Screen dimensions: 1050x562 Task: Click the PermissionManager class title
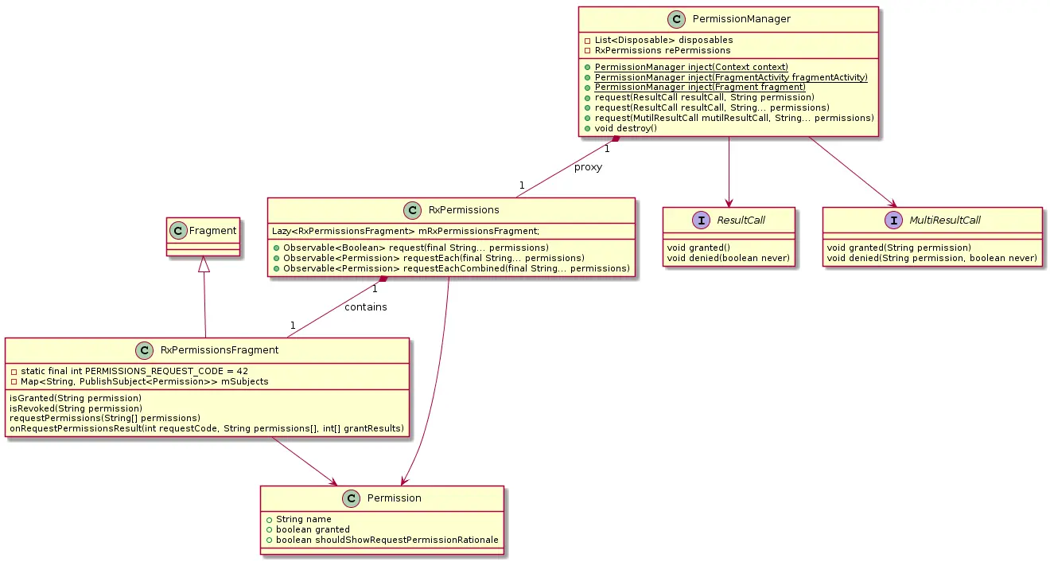click(x=741, y=19)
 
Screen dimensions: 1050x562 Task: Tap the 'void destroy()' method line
click(x=625, y=128)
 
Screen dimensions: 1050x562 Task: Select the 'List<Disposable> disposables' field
click(x=663, y=41)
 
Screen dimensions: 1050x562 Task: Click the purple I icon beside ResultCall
click(x=702, y=220)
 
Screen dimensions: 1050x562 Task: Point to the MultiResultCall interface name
click(x=944, y=221)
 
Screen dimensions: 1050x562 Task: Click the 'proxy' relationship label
click(x=588, y=167)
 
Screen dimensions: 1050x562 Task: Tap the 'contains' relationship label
click(x=366, y=307)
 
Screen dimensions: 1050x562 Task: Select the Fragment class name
click(x=212, y=231)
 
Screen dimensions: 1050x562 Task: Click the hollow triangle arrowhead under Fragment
click(x=204, y=264)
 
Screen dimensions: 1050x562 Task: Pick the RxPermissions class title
click(x=464, y=210)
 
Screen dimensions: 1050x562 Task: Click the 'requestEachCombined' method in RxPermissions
click(x=456, y=269)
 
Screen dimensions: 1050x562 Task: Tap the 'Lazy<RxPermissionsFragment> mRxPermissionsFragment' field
click(x=406, y=232)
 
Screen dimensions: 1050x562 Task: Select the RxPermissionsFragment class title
click(x=220, y=350)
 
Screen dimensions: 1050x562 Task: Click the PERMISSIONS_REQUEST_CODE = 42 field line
click(x=134, y=371)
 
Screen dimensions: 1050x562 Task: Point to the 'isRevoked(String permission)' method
click(x=76, y=408)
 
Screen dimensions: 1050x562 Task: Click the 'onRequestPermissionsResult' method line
click(x=207, y=429)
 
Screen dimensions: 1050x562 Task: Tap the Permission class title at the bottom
click(x=395, y=498)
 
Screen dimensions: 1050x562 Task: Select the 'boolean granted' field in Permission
click(x=313, y=529)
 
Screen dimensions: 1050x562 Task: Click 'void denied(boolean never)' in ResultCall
click(x=729, y=258)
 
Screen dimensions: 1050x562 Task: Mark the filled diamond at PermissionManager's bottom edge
click(x=616, y=139)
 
